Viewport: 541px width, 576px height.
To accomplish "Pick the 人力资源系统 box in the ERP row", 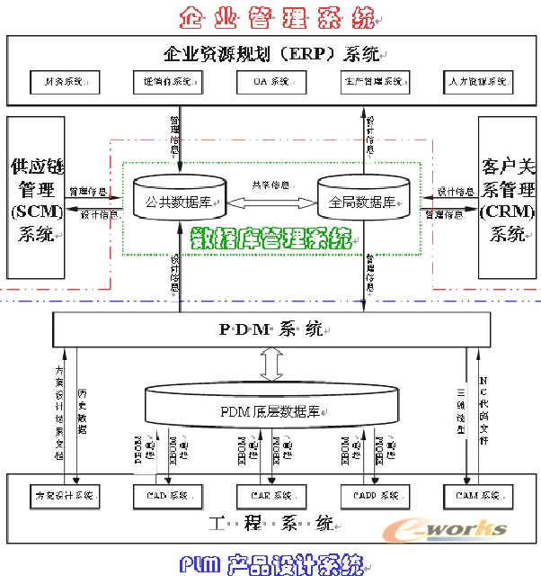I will click(x=478, y=82).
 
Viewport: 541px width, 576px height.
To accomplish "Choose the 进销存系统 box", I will click(x=166, y=82).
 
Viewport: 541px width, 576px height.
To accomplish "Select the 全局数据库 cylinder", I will click(x=363, y=201).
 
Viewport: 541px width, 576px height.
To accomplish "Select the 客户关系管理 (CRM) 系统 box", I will click(x=507, y=201).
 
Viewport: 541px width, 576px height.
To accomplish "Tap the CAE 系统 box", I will click(x=270, y=495).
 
